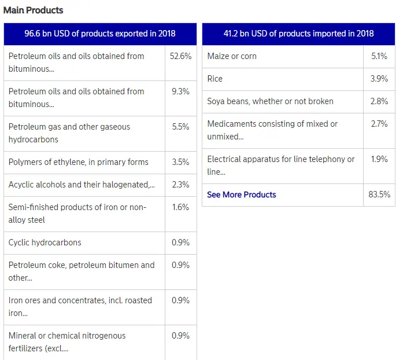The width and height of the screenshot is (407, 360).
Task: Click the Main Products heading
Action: (x=34, y=10)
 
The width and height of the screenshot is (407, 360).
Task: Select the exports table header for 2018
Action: (x=100, y=34)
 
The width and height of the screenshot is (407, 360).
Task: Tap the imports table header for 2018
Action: (x=298, y=34)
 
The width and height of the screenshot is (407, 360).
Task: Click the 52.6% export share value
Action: (x=180, y=56)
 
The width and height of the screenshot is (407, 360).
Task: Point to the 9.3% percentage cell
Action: (x=180, y=91)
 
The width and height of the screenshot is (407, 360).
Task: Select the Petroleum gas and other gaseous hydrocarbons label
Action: (x=69, y=133)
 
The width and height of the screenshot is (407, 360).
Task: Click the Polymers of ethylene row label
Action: (x=79, y=162)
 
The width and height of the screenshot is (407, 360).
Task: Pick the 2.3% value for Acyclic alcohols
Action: (x=180, y=185)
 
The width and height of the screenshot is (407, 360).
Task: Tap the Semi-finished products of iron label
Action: (x=77, y=214)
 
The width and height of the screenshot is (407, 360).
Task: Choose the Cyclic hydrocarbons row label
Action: (x=45, y=243)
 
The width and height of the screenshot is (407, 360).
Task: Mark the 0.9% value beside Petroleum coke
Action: (x=180, y=265)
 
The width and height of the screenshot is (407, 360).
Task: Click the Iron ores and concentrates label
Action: (x=80, y=307)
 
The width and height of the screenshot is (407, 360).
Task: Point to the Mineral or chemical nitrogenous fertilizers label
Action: (x=67, y=342)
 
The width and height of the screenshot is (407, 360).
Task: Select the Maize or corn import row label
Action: (x=232, y=56)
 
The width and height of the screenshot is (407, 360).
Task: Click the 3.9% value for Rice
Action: (x=379, y=79)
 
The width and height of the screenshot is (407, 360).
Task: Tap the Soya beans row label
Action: (x=270, y=101)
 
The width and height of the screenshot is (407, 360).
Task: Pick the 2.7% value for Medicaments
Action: (x=379, y=124)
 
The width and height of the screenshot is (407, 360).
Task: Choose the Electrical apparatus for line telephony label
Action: (x=281, y=166)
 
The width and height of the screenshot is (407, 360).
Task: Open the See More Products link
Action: (x=242, y=194)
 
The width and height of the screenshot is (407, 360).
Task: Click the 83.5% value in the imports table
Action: (x=379, y=194)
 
